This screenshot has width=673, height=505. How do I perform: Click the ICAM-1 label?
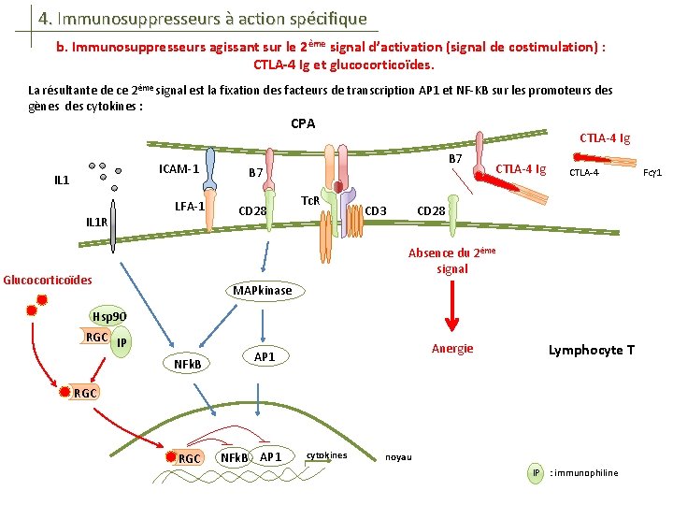pyautogui.click(x=179, y=169)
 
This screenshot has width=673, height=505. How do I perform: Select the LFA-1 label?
pyautogui.click(x=190, y=206)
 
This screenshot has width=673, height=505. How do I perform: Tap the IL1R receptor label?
pyautogui.click(x=96, y=223)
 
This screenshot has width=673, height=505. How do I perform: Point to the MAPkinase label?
pyautogui.click(x=262, y=291)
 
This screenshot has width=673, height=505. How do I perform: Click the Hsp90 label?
pyautogui.click(x=107, y=317)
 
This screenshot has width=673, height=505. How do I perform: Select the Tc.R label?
pyautogui.click(x=311, y=201)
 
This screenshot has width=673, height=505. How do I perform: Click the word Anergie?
pyautogui.click(x=452, y=349)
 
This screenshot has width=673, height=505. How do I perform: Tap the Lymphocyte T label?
pyautogui.click(x=591, y=350)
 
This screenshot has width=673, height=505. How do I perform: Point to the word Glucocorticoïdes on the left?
pyautogui.click(x=48, y=280)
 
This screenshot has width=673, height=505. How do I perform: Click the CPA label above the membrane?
pyautogui.click(x=303, y=124)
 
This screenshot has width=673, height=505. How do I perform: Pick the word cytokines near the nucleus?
pyautogui.click(x=326, y=455)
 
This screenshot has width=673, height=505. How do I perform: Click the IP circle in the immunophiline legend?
pyautogui.click(x=536, y=472)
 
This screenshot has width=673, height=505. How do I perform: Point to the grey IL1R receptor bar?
pyautogui.click(x=113, y=225)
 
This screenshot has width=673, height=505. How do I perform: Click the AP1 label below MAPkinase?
pyautogui.click(x=265, y=357)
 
